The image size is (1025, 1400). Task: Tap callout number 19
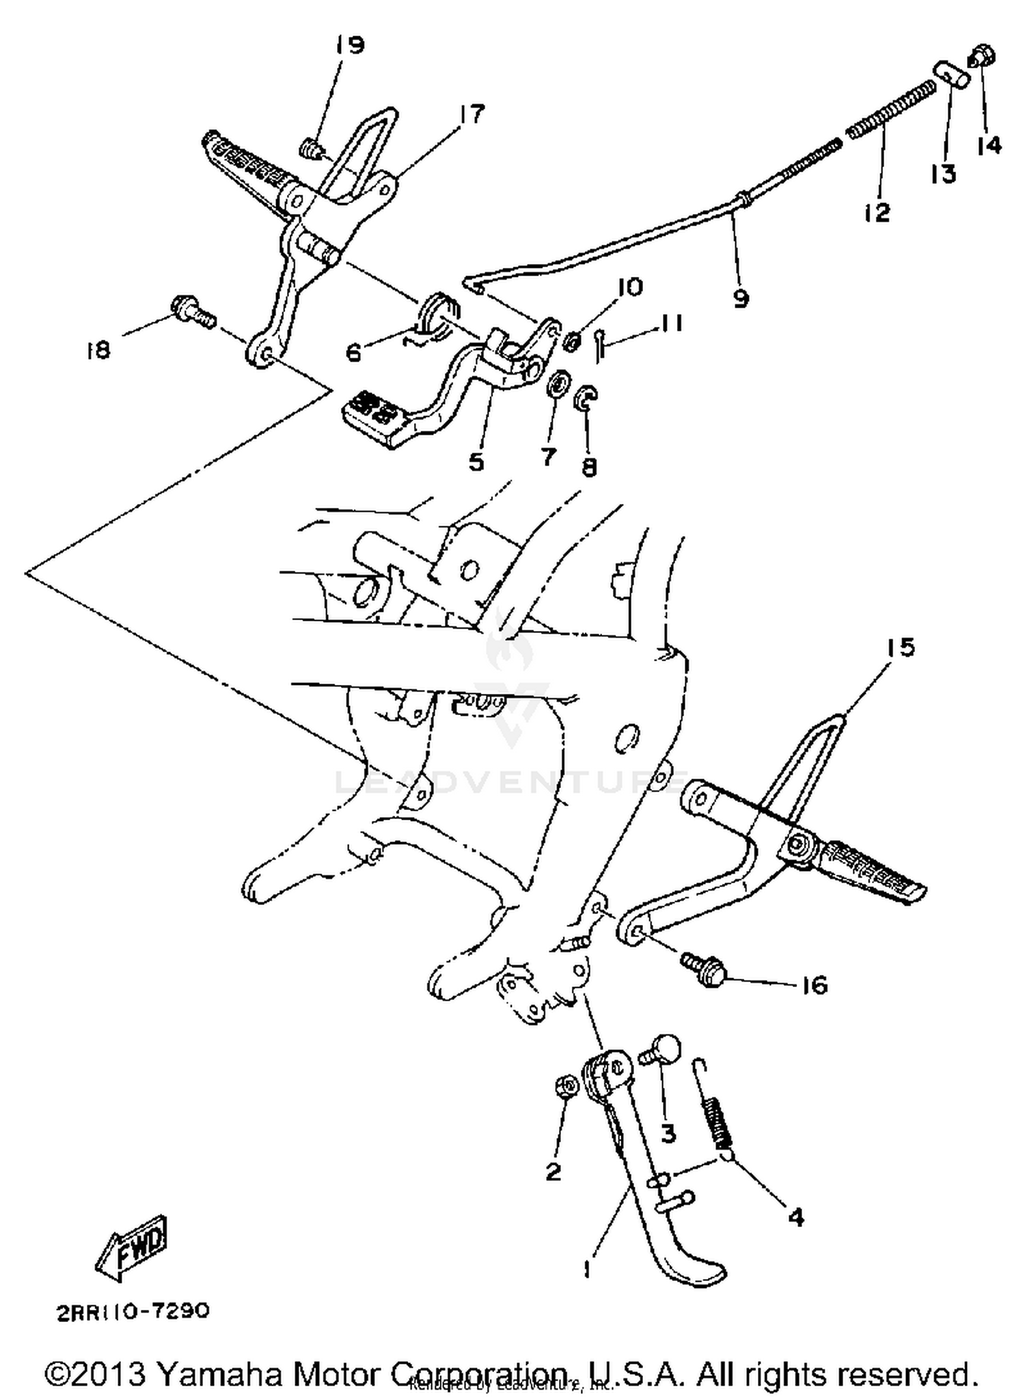coord(349,46)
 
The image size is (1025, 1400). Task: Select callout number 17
coord(471,113)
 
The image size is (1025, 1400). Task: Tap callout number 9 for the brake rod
coord(741,299)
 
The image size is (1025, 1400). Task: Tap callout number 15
coord(901,647)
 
